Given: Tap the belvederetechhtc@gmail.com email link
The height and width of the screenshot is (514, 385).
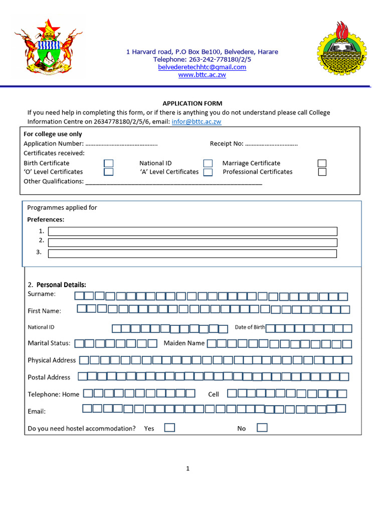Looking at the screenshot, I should tap(202, 67).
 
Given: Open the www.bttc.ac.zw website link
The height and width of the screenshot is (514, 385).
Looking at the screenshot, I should tap(202, 75).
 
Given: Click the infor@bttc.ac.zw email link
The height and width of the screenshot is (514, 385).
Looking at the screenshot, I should tap(197, 121).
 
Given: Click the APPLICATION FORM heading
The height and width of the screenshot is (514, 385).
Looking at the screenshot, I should tap(192, 103).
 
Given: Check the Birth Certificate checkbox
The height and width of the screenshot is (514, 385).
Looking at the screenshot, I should tap(109, 163).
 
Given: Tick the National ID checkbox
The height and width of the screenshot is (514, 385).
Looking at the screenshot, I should tap(208, 163).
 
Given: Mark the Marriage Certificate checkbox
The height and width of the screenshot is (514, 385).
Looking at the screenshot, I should tap(322, 163).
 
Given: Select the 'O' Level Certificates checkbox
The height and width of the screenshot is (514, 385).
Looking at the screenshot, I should tap(109, 172).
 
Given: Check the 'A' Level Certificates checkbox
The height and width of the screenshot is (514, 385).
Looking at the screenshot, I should tap(208, 172).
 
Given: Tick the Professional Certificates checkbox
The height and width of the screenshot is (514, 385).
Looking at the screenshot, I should tap(322, 172).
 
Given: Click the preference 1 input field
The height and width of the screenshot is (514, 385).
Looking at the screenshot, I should tap(192, 231).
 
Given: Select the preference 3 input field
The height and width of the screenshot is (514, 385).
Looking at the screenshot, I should tap(192, 253).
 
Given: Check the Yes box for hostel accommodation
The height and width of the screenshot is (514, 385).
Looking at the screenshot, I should tap(170, 428).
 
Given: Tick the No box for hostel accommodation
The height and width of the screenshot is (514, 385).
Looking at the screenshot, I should tap(262, 428).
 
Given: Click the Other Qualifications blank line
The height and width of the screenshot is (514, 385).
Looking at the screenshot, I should tap(173, 182).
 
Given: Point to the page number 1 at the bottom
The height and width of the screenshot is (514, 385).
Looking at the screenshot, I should tap(188, 469).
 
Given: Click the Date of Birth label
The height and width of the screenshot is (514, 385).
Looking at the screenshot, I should tap(250, 327).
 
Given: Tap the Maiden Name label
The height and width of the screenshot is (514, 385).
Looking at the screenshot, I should tap(184, 343).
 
